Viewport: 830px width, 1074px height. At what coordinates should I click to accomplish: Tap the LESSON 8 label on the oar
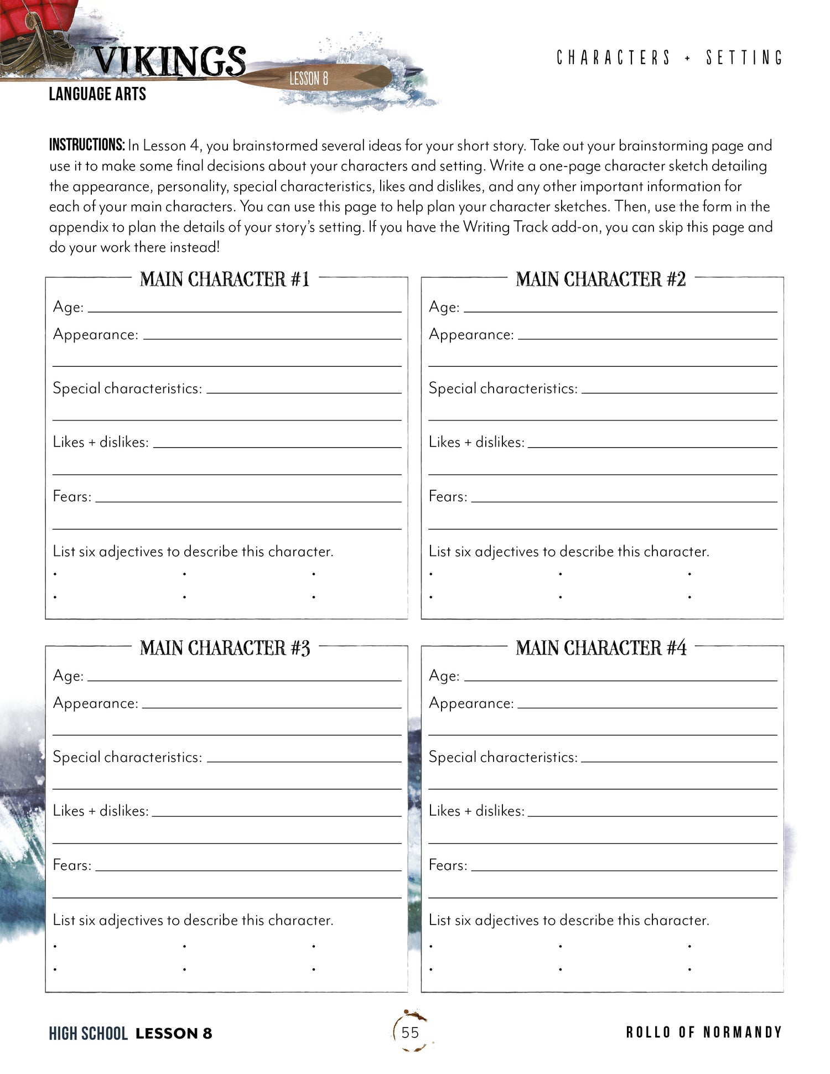pos(309,79)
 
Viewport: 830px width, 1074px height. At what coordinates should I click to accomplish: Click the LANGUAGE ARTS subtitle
pos(97,94)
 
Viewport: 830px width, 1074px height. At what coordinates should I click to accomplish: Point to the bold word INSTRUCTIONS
pos(87,146)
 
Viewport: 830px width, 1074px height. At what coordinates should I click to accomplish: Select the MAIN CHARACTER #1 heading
pos(224,279)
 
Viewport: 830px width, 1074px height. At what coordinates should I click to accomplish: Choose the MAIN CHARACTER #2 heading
pos(600,279)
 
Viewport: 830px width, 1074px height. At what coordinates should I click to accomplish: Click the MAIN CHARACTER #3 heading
pos(225,648)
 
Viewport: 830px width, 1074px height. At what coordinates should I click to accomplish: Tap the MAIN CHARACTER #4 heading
pos(601,648)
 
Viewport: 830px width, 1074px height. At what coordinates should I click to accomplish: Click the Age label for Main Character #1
pos(68,307)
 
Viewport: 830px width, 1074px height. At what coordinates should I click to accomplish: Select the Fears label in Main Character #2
pos(448,496)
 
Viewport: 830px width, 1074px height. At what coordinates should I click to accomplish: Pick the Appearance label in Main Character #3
pos(95,703)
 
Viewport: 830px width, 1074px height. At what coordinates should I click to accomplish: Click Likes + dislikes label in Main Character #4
pos(476,811)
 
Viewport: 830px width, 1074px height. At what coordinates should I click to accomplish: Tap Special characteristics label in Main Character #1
pos(127,388)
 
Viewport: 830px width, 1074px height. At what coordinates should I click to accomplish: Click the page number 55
pos(410,1033)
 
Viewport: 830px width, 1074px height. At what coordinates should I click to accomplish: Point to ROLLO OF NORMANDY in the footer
pos(704,1033)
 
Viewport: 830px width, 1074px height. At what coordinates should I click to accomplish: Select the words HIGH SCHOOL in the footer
pos(88,1033)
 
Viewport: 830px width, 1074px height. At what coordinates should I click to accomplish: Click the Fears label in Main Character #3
pos(72,865)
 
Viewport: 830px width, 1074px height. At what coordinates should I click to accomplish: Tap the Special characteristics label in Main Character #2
pos(503,388)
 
